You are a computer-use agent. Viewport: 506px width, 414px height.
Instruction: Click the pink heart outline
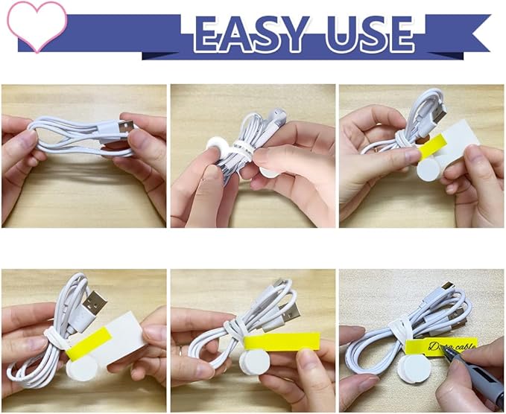click(36, 24)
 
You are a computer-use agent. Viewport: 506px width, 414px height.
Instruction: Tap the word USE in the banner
click(367, 34)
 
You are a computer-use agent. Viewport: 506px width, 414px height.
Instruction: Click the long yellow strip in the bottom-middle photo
click(282, 342)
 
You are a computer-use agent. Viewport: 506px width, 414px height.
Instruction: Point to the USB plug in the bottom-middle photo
click(291, 310)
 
